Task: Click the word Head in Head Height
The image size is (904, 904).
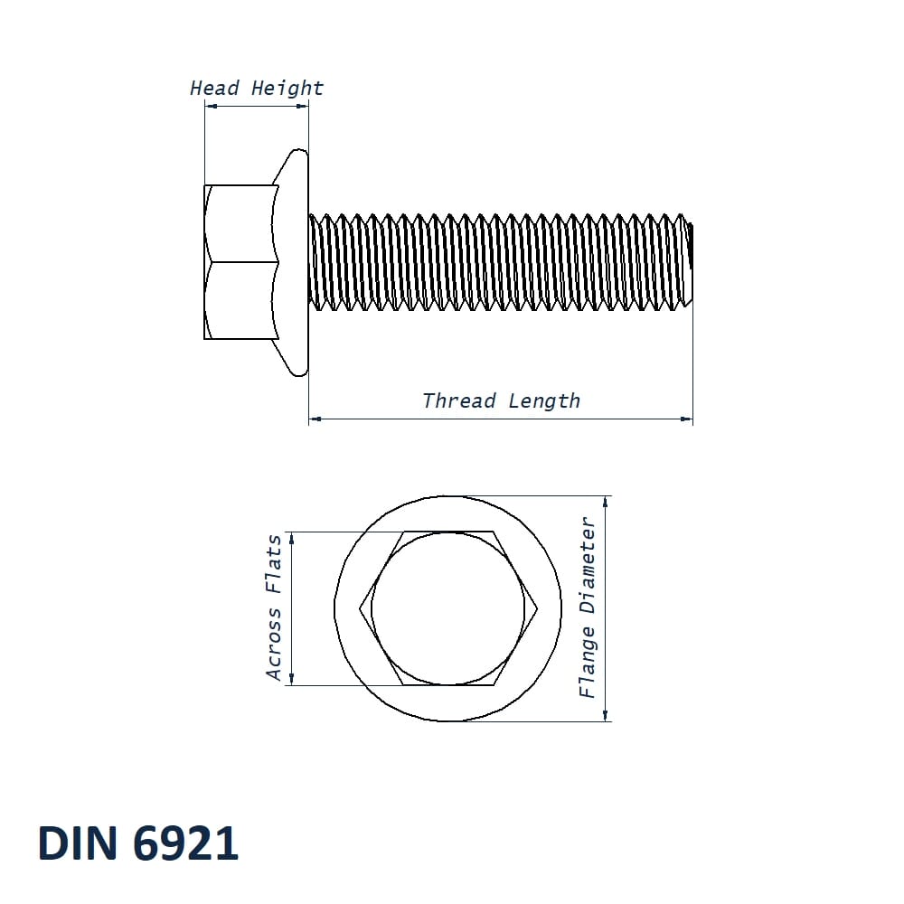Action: click(214, 88)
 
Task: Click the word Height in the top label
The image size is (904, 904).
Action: click(287, 88)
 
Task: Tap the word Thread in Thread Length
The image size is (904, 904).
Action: click(458, 400)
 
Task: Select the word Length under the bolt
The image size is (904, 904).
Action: click(544, 400)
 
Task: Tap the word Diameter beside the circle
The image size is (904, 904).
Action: click(588, 565)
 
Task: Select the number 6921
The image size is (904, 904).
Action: click(185, 843)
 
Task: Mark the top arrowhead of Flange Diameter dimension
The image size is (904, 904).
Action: click(605, 502)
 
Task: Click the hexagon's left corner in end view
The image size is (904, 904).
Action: click(361, 608)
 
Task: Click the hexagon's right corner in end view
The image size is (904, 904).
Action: click(538, 608)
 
